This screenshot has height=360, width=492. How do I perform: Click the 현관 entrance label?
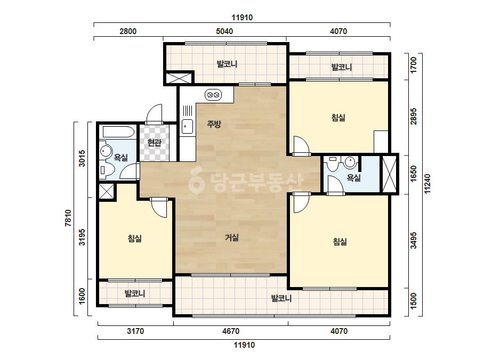[155, 143]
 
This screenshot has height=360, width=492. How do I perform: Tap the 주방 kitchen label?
[214, 124]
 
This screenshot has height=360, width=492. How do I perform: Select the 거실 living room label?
[232, 238]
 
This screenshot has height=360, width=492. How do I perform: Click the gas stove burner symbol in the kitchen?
[213, 94]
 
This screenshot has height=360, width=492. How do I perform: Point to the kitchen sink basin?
[187, 126]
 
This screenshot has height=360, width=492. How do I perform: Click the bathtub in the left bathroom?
[118, 132]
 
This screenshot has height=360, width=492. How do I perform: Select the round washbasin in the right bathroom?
[350, 162]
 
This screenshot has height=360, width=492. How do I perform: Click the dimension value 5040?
[224, 31]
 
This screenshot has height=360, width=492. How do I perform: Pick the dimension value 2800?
[128, 31]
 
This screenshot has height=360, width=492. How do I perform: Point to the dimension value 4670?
[231, 331]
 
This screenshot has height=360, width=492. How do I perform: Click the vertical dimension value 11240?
[428, 184]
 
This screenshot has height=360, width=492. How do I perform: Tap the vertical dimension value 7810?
[68, 218]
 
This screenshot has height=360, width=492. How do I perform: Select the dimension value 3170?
[135, 331]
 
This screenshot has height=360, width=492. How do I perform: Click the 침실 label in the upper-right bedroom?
[338, 118]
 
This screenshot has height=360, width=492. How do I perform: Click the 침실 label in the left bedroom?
[135, 239]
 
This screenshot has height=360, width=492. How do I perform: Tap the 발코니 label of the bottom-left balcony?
[135, 293]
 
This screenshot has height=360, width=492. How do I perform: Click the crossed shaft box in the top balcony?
[178, 78]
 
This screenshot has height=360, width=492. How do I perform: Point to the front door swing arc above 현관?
[155, 113]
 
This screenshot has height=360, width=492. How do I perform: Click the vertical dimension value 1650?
[414, 173]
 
